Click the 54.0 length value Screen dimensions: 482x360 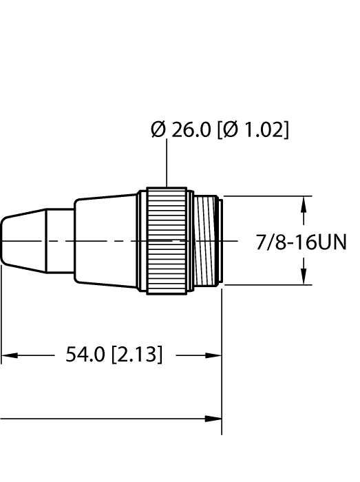coord(85,355)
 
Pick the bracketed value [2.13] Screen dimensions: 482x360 coord(136,355)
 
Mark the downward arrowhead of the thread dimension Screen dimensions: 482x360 coord(304,279)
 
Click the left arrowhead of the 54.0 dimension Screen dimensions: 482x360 coord(7,356)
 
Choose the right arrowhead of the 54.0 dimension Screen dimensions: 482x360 coord(215,356)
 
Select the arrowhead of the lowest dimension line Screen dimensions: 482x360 coord(215,418)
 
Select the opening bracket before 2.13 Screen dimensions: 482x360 coord(114,355)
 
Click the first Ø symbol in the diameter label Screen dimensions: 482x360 coord(158,129)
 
